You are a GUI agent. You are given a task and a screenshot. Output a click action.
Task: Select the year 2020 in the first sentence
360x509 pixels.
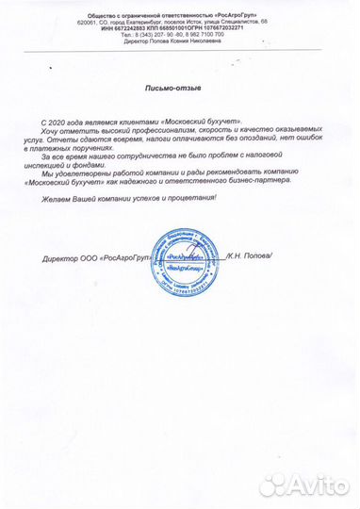coord(59,124)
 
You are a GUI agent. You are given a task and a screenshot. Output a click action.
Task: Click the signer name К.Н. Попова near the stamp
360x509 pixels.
coord(247,256)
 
